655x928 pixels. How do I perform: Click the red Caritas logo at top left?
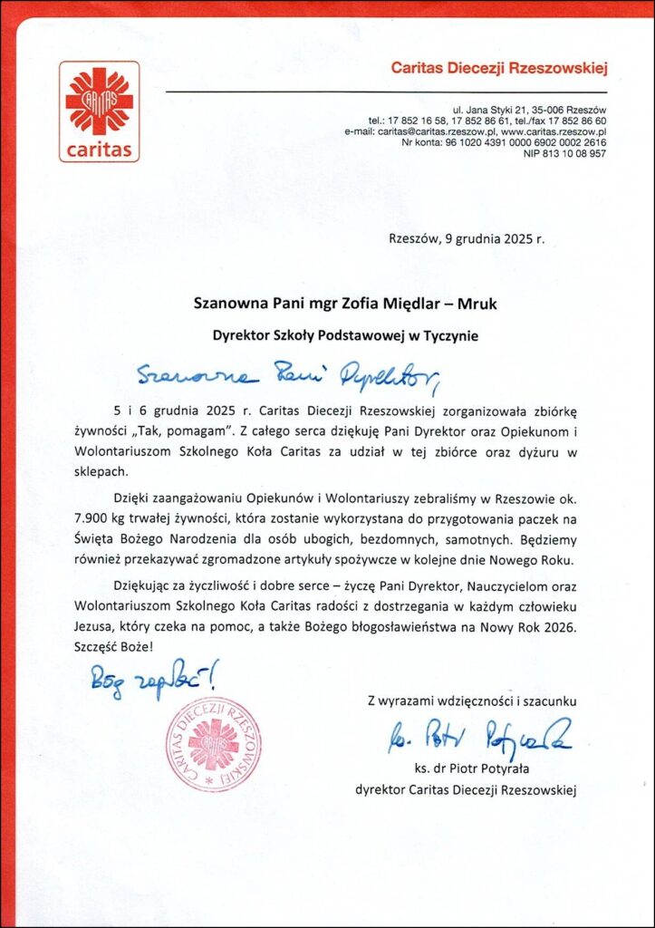(100, 111)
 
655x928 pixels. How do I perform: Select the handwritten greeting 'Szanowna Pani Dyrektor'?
(289, 372)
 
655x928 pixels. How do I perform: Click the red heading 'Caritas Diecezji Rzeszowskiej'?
(498, 67)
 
